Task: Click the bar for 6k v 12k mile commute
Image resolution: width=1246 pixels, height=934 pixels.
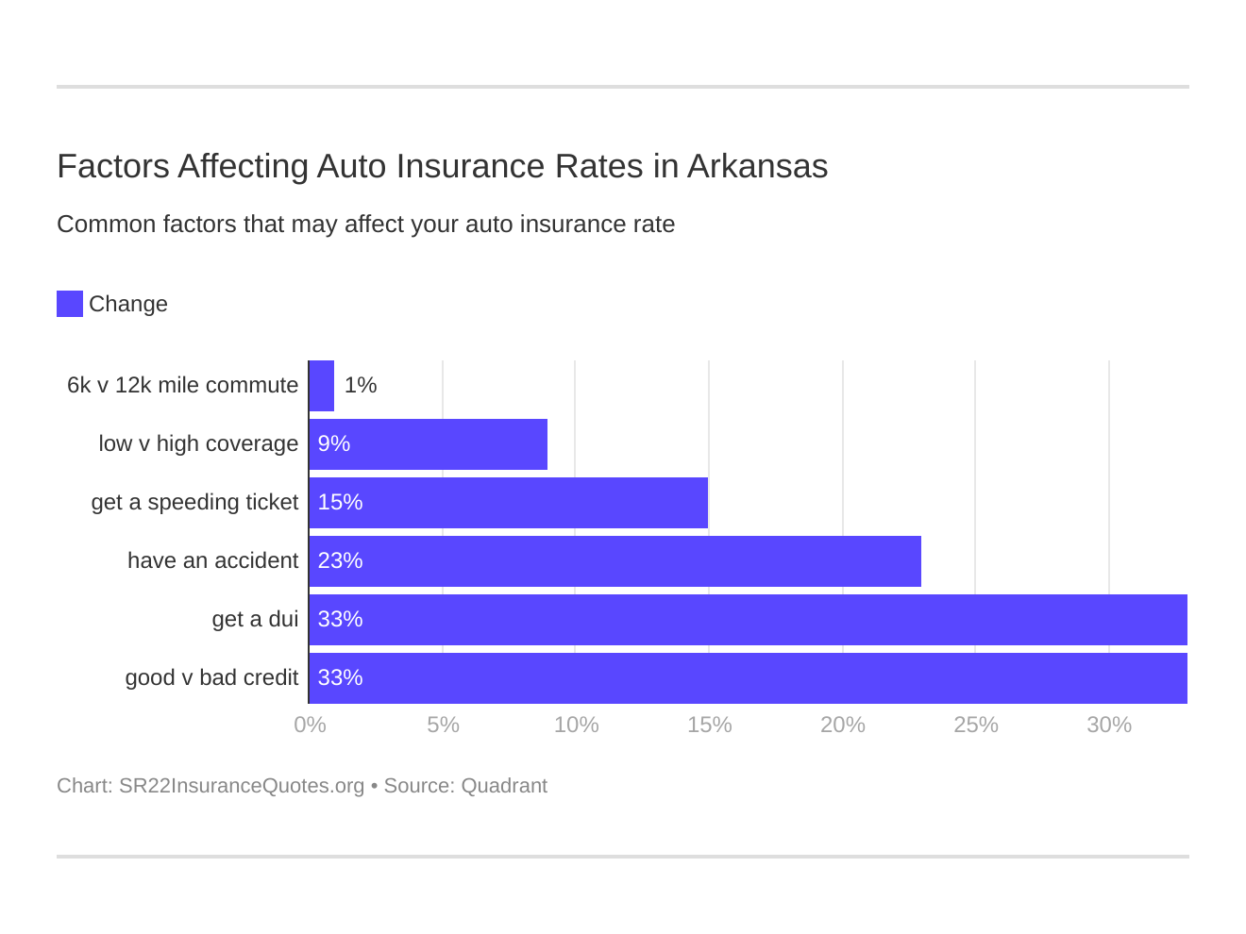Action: point(322,386)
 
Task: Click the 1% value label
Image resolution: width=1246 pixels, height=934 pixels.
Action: point(361,386)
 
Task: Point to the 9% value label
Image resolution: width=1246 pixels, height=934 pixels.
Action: point(334,444)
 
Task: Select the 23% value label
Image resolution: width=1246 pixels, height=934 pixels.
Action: point(340,561)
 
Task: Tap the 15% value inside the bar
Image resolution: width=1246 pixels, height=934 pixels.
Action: point(340,503)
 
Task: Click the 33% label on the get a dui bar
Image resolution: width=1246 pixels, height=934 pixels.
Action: point(340,620)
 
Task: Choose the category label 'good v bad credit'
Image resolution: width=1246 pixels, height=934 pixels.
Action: point(211,678)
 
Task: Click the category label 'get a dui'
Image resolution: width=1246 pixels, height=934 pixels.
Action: point(255,620)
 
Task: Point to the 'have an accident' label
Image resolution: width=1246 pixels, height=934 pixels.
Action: point(212,561)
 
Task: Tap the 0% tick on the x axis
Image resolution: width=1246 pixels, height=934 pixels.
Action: point(310,725)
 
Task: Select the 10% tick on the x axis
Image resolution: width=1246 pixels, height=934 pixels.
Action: point(576,725)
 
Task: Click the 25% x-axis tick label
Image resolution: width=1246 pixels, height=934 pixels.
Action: point(975,725)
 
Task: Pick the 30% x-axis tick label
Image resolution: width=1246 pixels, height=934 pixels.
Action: point(1108,725)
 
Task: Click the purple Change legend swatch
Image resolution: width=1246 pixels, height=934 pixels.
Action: point(70,304)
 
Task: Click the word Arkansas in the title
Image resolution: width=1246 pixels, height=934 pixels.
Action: point(757,166)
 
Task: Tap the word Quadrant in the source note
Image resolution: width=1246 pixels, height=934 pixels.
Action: point(504,786)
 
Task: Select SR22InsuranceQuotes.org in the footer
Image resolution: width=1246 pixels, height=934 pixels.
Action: point(242,786)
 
